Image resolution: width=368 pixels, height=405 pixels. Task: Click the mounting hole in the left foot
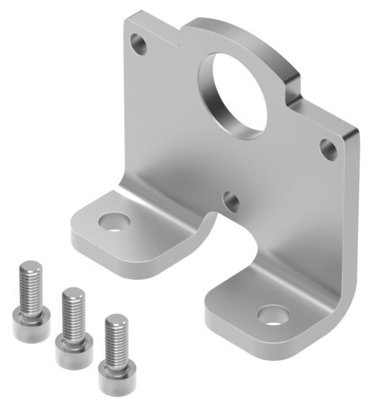pyautogui.click(x=114, y=220)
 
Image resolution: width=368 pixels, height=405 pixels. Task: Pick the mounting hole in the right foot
pyautogui.click(x=272, y=315)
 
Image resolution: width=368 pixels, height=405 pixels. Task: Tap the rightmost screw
pyautogui.click(x=115, y=343)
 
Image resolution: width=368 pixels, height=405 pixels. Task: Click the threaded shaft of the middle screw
pyautogui.click(x=72, y=306)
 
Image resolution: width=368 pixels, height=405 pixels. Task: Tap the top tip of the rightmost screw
pyautogui.click(x=114, y=317)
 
